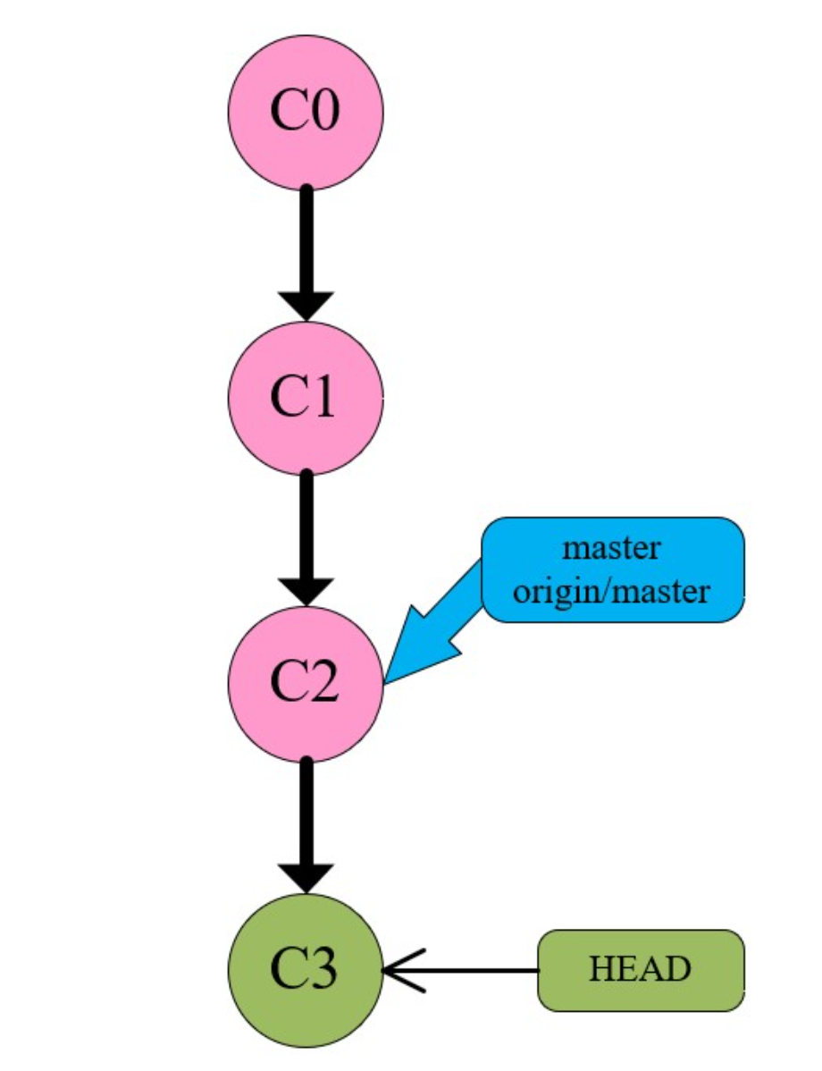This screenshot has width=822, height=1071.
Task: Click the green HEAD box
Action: pyautogui.click(x=641, y=970)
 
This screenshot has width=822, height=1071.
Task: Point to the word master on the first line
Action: pyautogui.click(x=613, y=547)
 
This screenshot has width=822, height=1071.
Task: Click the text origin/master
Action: pyautogui.click(x=613, y=590)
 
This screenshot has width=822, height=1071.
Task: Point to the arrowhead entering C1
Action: pyautogui.click(x=306, y=304)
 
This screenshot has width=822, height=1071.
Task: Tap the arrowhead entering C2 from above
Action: pyautogui.click(x=306, y=590)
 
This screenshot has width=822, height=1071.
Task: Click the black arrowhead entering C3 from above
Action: pyautogui.click(x=306, y=876)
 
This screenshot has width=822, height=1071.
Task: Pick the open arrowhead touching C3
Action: pyautogui.click(x=400, y=970)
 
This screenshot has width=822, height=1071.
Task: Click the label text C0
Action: pyautogui.click(x=306, y=114)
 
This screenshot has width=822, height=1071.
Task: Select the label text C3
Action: pyautogui.click(x=306, y=969)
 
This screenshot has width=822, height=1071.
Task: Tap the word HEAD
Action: pyautogui.click(x=641, y=970)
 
